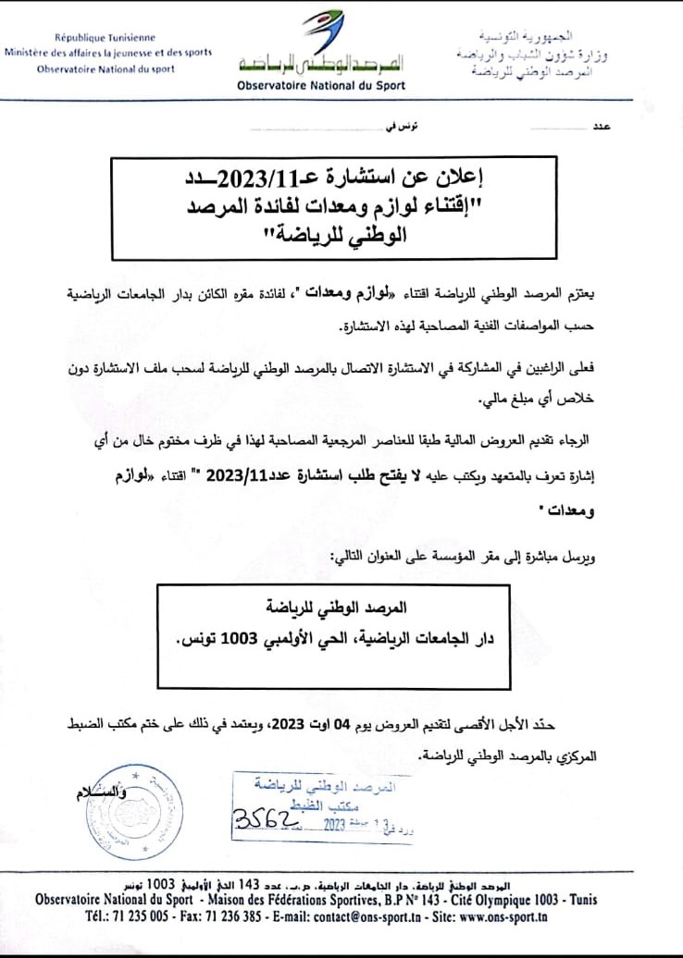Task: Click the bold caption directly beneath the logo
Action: (321, 85)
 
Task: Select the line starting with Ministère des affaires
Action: (108, 53)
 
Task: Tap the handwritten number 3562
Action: (263, 820)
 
